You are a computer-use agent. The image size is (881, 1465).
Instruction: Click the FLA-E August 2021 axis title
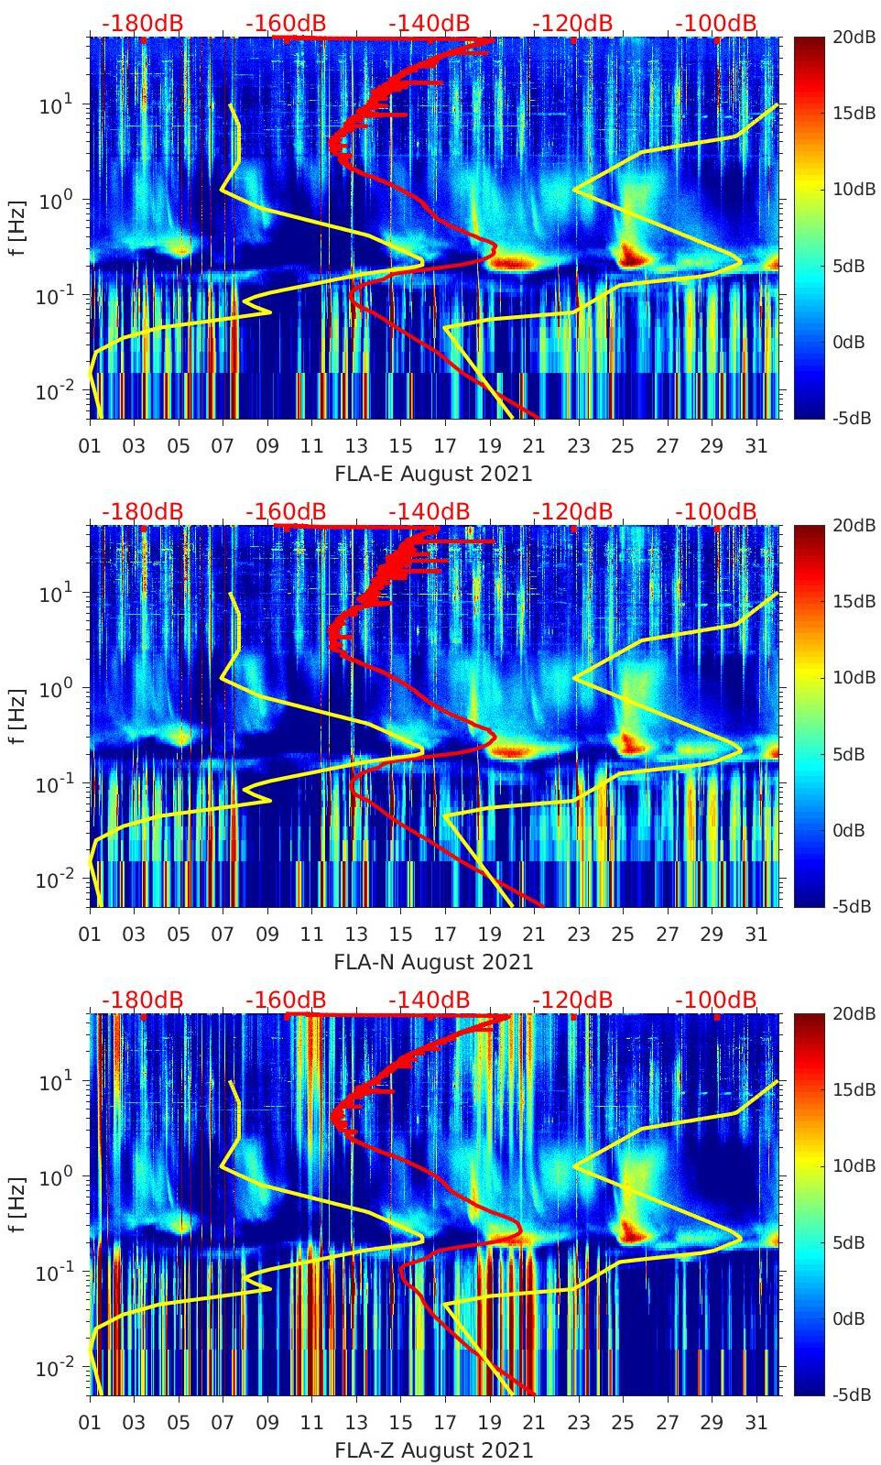coord(433,474)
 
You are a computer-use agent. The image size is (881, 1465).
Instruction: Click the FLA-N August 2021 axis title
coord(433,962)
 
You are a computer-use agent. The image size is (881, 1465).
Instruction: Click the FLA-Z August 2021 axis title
coord(433,1450)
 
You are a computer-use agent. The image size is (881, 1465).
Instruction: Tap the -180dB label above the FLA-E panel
coord(142,23)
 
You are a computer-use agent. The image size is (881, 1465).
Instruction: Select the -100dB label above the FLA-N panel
coord(716,511)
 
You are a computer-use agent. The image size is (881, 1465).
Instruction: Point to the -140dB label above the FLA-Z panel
coord(429,1000)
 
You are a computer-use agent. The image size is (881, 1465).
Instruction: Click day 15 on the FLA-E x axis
coord(400,446)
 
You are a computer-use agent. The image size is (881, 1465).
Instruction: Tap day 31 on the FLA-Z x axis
coord(756,1423)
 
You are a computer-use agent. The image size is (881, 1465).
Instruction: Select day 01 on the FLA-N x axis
coord(90,935)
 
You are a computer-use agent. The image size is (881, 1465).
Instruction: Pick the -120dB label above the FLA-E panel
coord(572,23)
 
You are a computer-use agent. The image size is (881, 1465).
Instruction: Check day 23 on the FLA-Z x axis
coord(578,1423)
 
